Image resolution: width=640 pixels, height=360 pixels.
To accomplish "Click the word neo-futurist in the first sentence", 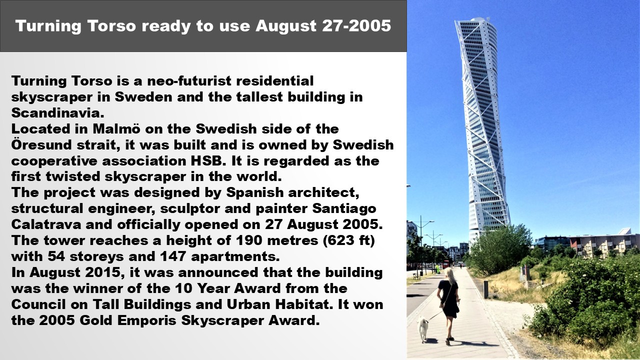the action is click(189, 81).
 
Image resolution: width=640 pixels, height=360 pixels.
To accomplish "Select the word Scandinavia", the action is click(57, 113).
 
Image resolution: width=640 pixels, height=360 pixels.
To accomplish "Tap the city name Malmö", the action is click(116, 129).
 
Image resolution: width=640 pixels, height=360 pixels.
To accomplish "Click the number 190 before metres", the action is click(249, 240).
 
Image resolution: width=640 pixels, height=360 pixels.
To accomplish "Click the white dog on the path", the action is click(422, 328).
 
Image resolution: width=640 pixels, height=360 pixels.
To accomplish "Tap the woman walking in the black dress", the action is click(449, 305).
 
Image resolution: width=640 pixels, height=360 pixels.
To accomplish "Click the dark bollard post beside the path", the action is click(485, 289).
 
